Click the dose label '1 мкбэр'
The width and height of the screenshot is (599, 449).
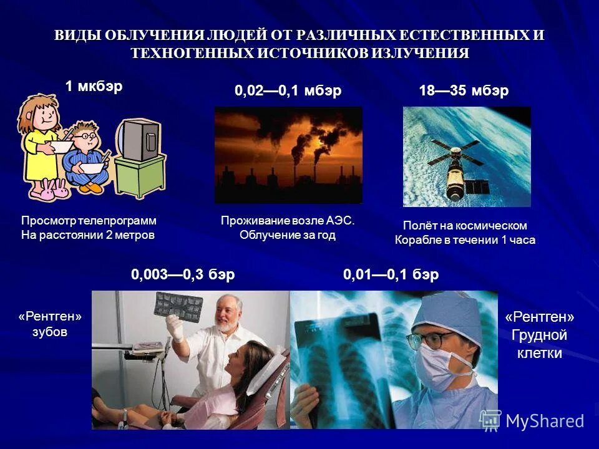coord(94,87)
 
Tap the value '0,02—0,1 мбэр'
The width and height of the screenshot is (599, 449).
coord(288,91)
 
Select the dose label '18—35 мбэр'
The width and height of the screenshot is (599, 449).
coord(464,91)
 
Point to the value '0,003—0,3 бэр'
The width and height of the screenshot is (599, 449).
coord(183,275)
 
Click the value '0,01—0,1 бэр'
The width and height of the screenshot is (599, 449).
coord(391,275)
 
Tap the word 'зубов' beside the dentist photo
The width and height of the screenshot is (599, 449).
coord(49,332)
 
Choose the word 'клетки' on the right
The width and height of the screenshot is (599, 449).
coord(539,354)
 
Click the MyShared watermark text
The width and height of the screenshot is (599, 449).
coord(544,421)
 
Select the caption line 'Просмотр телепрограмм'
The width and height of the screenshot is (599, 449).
coord(89,221)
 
